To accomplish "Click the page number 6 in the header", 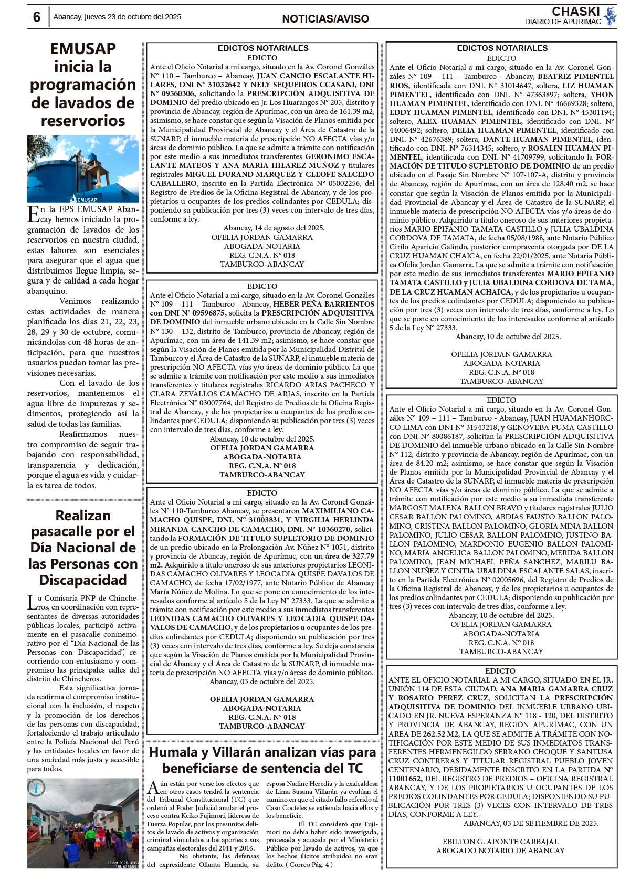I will click(36, 17).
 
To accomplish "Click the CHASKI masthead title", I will click(575, 12).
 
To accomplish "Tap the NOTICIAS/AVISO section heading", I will click(325, 19).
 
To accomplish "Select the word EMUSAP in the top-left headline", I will click(83, 48).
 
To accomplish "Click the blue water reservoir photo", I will click(83, 169).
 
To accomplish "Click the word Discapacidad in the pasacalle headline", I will click(83, 580).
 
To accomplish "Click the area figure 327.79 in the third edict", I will click(362, 556).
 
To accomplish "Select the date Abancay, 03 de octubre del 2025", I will click(262, 681).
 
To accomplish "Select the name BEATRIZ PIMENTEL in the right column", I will click(576, 76).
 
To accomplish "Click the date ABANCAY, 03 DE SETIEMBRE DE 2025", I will click(531, 823).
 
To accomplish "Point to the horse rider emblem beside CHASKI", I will click(610, 16).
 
